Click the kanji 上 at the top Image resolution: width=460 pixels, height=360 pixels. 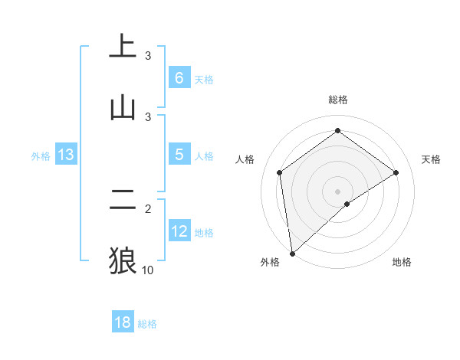coord(123,46)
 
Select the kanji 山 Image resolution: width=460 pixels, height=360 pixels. coord(123,107)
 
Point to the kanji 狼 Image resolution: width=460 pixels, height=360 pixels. coord(123,260)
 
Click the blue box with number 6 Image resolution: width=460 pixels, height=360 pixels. coord(179,78)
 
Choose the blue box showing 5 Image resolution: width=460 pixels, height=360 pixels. coord(179,155)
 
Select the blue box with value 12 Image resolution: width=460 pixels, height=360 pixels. coord(179,231)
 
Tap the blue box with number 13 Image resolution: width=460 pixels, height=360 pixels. coord(66,155)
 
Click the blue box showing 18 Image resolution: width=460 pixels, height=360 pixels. coord(123,322)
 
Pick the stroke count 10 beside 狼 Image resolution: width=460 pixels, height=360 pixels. coord(148,270)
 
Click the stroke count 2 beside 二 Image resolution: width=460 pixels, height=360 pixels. coord(148,208)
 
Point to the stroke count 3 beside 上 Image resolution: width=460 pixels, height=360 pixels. coord(148,56)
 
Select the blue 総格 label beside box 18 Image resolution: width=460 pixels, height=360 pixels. coord(147,324)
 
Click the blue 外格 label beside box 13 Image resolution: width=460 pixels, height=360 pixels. coord(41,156)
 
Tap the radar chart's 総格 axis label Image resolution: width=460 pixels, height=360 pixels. coord(338,100)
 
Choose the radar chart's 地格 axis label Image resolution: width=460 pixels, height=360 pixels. coord(402,262)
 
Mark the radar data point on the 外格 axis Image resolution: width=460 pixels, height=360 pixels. coord(291,254)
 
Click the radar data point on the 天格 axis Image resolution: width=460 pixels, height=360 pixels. coord(396,172)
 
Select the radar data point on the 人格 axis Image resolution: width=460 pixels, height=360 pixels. coord(280,172)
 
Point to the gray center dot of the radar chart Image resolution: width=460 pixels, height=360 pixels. coord(338,191)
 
